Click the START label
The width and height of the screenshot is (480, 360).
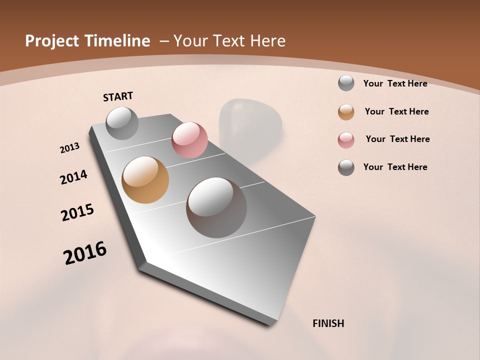pos(118,96)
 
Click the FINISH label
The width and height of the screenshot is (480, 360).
pos(328,323)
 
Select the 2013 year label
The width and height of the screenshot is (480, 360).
pos(70,148)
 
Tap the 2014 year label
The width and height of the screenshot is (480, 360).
pos(73,177)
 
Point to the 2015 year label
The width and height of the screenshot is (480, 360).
pos(77,212)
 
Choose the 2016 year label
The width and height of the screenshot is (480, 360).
pos(85,253)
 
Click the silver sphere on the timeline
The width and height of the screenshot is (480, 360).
pos(122,123)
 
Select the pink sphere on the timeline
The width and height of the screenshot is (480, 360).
pos(189,140)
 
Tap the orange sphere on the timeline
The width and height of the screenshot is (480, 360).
pos(145,180)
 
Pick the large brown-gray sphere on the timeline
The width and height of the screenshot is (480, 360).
pos(216,207)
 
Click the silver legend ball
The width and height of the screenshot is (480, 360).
pos(346,83)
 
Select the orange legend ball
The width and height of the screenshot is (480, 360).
pos(346,112)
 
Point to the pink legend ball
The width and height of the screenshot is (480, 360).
pos(346,140)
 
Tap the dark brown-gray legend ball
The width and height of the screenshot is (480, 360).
pos(346,167)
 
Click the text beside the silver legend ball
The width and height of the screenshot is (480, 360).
pos(395,84)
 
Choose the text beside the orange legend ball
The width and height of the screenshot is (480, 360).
pos(396,112)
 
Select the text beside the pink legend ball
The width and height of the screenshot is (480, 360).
pos(397,139)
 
